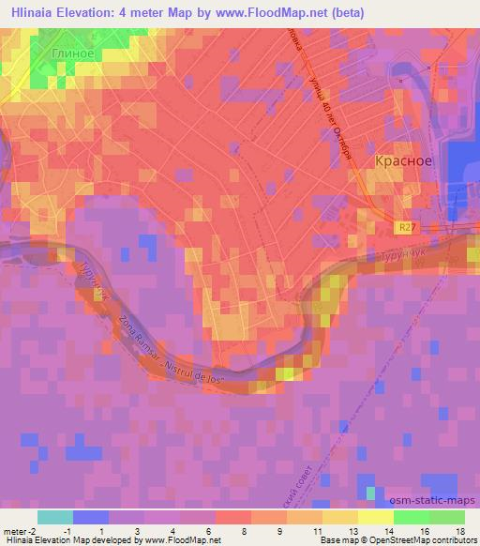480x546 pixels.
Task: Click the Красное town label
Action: tap(403, 160)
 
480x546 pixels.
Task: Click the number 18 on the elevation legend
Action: tap(458, 531)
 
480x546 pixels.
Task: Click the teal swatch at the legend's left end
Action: tap(55, 517)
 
